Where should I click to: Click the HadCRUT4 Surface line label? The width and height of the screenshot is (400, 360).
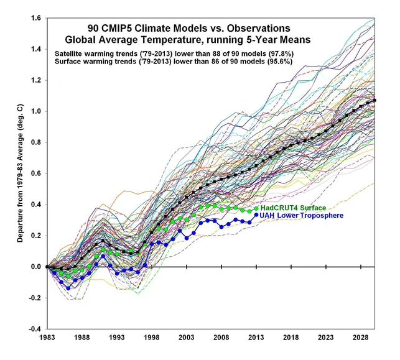(x=292, y=208)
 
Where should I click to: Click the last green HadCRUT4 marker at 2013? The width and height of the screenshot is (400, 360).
(x=256, y=208)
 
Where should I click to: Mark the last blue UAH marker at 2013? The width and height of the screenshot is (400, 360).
(x=256, y=215)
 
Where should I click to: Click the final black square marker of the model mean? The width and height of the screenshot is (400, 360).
(x=374, y=100)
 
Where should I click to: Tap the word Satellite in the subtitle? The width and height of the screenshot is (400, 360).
(x=72, y=53)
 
